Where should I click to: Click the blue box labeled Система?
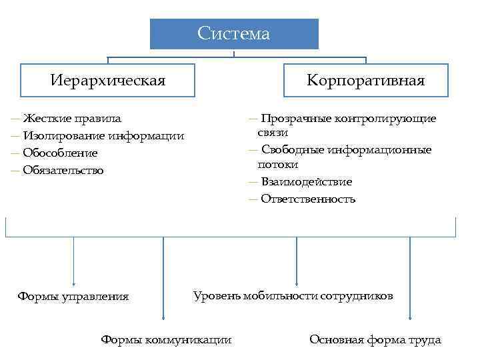pyautogui.click(x=234, y=34)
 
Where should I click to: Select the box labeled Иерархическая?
pyautogui.click(x=108, y=81)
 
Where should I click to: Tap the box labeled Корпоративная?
pyautogui.click(x=365, y=81)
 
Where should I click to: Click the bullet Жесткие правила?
pyautogui.click(x=72, y=119)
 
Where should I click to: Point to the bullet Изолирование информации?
pyautogui.click(x=103, y=136)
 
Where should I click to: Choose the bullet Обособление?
pyautogui.click(x=60, y=153)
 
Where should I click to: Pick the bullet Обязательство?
pyautogui.click(x=63, y=171)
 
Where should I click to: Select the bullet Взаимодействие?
pyautogui.click(x=307, y=182)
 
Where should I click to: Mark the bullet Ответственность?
pyautogui.click(x=308, y=199)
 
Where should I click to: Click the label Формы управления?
pyautogui.click(x=73, y=297)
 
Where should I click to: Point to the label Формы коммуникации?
pyautogui.click(x=166, y=340)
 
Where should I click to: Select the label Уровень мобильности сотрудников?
pyautogui.click(x=293, y=295)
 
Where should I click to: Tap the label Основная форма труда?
pyautogui.click(x=375, y=340)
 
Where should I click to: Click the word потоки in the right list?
pyautogui.click(x=278, y=165)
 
